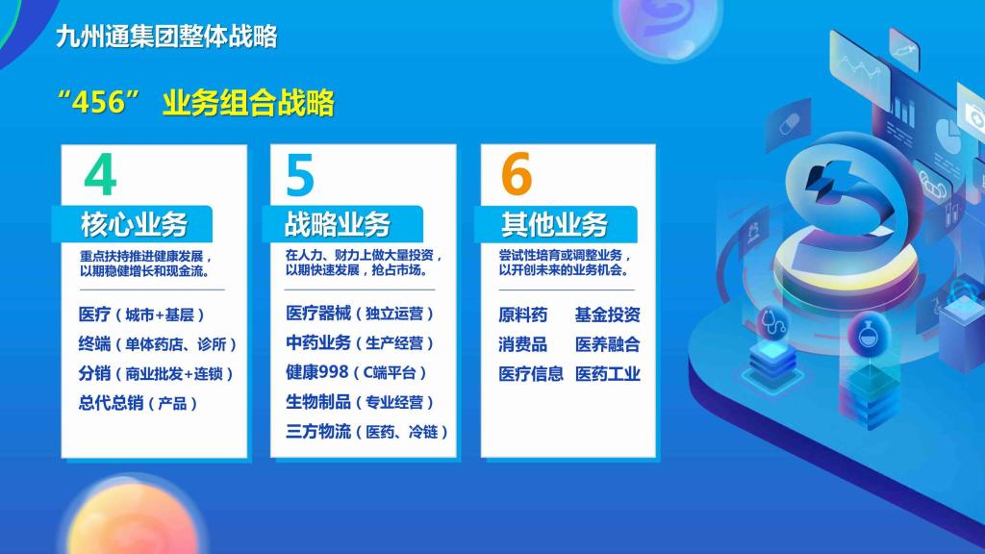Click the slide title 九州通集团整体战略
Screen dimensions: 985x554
pyautogui.click(x=166, y=37)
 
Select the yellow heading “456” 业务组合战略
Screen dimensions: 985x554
pyautogui.click(x=195, y=102)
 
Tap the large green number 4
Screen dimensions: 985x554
pyautogui.click(x=100, y=175)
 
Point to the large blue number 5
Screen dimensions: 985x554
pyautogui.click(x=300, y=175)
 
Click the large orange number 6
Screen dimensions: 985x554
pyautogui.click(x=517, y=174)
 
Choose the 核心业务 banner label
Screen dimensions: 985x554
pyautogui.click(x=135, y=224)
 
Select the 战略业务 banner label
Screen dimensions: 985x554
pyautogui.click(x=338, y=224)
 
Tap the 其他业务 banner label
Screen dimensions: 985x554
pyautogui.click(x=554, y=224)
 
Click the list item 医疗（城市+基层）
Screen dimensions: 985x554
pyautogui.click(x=142, y=315)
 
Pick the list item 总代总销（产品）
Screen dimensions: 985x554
pyautogui.click(x=139, y=403)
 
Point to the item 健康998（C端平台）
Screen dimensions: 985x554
pyautogui.click(x=357, y=372)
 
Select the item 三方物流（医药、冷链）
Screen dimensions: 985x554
pyautogui.click(x=366, y=432)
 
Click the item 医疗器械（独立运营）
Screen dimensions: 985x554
pyautogui.click(x=360, y=313)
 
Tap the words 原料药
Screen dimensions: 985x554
pyautogui.click(x=522, y=315)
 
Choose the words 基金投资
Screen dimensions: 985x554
pyautogui.click(x=608, y=315)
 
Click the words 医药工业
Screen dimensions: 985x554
pyautogui.click(x=608, y=374)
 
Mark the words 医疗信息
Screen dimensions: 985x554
pyautogui.click(x=531, y=374)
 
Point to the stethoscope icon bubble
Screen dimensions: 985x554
pyautogui.click(x=773, y=322)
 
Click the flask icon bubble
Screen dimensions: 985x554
pyautogui.click(x=869, y=334)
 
